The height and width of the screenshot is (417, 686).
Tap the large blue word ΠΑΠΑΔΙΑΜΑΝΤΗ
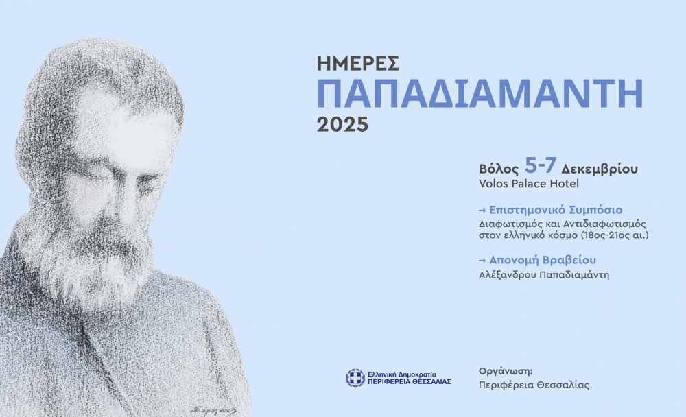[x=480, y=94]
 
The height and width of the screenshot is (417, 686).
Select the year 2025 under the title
[x=342, y=124]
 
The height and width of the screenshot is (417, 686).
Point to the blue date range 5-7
[x=540, y=167]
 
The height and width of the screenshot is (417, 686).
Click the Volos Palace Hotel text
[x=528, y=184]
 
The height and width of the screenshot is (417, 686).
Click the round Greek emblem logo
[x=355, y=378]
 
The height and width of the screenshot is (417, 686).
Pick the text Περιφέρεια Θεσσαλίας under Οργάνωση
[x=534, y=385]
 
